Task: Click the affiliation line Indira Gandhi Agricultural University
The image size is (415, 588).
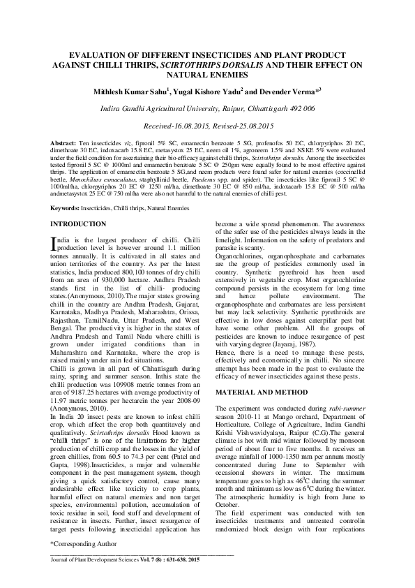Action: click(x=207, y=108)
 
